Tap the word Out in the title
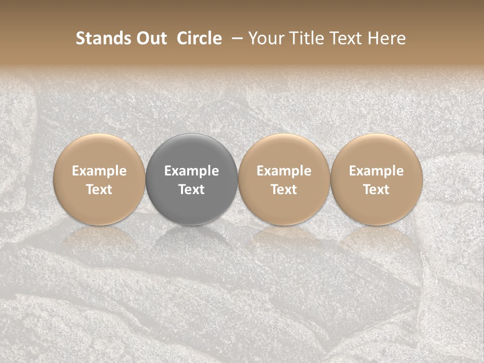point(151,38)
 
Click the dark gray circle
point(192,179)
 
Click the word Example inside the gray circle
point(192,171)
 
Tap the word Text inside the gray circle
point(192,190)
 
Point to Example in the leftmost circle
point(99,171)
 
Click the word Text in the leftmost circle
point(99,190)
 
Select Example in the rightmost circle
point(377,171)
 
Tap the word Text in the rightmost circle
point(377,190)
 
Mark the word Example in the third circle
point(284,171)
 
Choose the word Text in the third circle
point(284,190)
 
